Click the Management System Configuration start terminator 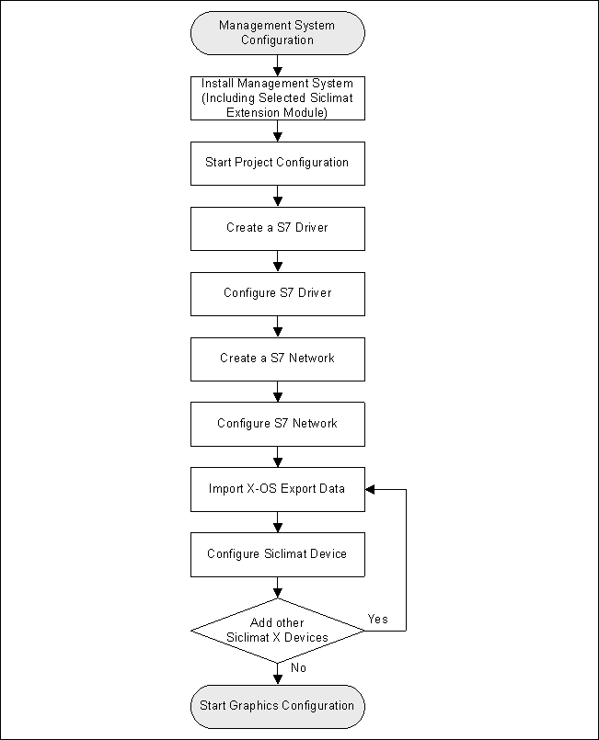277,33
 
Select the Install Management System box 277,98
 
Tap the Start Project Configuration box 277,163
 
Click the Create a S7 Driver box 277,228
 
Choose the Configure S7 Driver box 277,293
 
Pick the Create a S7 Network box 277,359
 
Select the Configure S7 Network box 277,424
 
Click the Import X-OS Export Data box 277,489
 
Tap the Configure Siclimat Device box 277,554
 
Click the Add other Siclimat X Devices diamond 277,631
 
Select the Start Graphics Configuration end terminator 277,706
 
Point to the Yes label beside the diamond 377,619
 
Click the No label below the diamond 298,668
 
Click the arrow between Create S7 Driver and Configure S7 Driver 277,262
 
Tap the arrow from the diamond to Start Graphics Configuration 277,674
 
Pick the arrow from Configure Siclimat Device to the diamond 277,587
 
